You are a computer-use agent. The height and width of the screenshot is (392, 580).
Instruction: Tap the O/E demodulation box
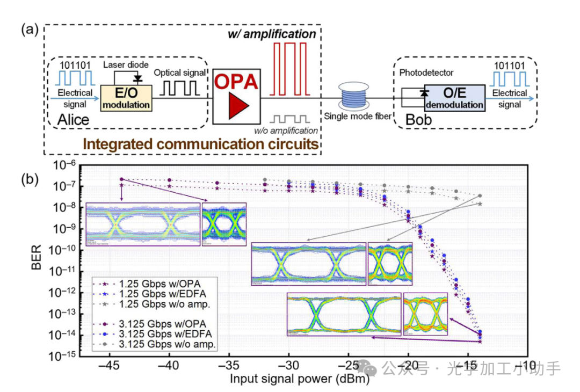(x=454, y=97)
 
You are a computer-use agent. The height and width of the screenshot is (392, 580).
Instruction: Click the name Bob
(x=418, y=119)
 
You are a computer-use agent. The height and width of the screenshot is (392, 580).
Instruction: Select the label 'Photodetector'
(x=426, y=72)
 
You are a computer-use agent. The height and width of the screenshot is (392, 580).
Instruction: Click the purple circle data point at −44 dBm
(x=122, y=179)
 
